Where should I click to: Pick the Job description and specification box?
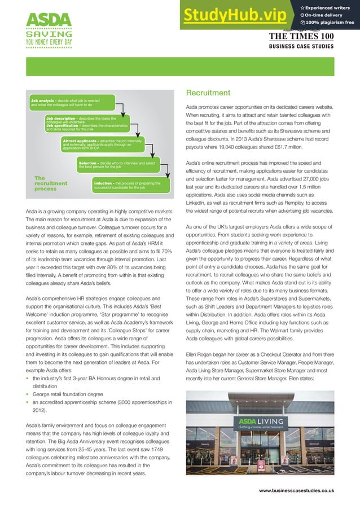(87, 124)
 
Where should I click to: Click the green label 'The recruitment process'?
(51, 184)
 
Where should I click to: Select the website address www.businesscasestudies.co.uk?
(296, 490)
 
